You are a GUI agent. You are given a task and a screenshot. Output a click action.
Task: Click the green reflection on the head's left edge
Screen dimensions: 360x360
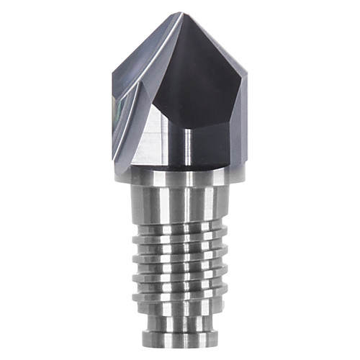coord(116,108)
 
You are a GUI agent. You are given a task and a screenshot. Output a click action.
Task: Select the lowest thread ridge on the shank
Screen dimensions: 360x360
coord(180,302)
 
